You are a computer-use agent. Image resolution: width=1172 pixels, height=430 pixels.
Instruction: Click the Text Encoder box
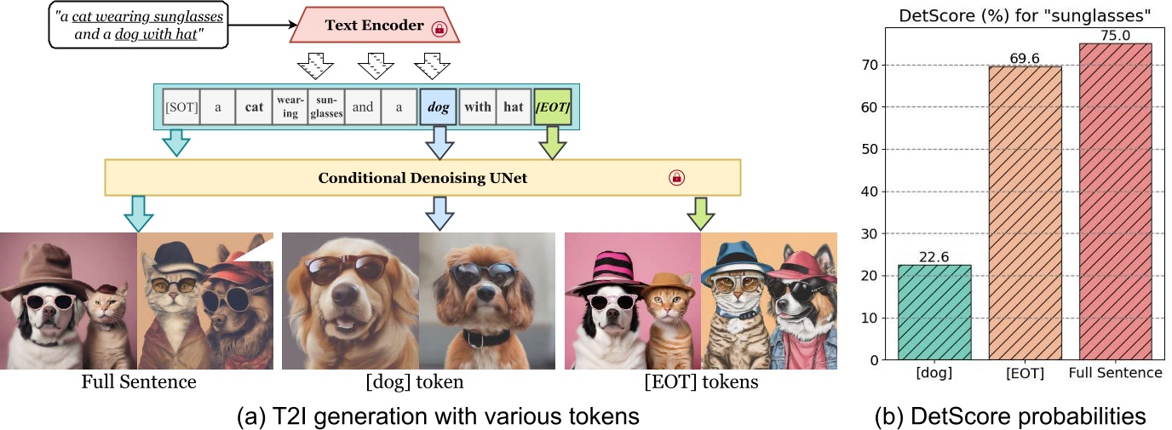(x=376, y=26)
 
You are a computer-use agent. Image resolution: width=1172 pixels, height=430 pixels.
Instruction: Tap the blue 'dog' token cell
(x=439, y=107)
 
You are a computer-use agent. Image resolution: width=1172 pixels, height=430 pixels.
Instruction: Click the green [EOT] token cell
(x=552, y=107)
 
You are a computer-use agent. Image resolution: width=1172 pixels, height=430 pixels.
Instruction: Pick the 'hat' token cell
(x=514, y=107)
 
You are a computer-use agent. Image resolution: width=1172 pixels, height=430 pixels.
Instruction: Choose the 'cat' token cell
(x=253, y=107)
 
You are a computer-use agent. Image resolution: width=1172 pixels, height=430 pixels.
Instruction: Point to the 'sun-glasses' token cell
(x=326, y=107)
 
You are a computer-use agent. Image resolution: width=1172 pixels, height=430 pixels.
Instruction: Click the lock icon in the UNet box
(x=676, y=177)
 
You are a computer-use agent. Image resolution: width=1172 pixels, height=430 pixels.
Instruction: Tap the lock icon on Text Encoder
(x=439, y=28)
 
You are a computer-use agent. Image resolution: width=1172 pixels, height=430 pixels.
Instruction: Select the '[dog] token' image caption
(x=418, y=382)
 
